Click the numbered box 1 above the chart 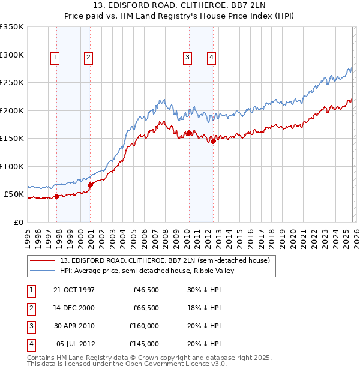(x=55, y=58)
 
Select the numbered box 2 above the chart (x=88, y=58)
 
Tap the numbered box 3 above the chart (x=187, y=58)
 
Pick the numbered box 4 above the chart (x=212, y=58)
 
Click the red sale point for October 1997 (x=56, y=196)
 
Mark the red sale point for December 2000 (x=90, y=185)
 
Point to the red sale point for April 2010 (x=189, y=133)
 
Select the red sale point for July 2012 (x=212, y=141)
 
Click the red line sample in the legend (x=43, y=260)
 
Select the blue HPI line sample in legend (x=43, y=271)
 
